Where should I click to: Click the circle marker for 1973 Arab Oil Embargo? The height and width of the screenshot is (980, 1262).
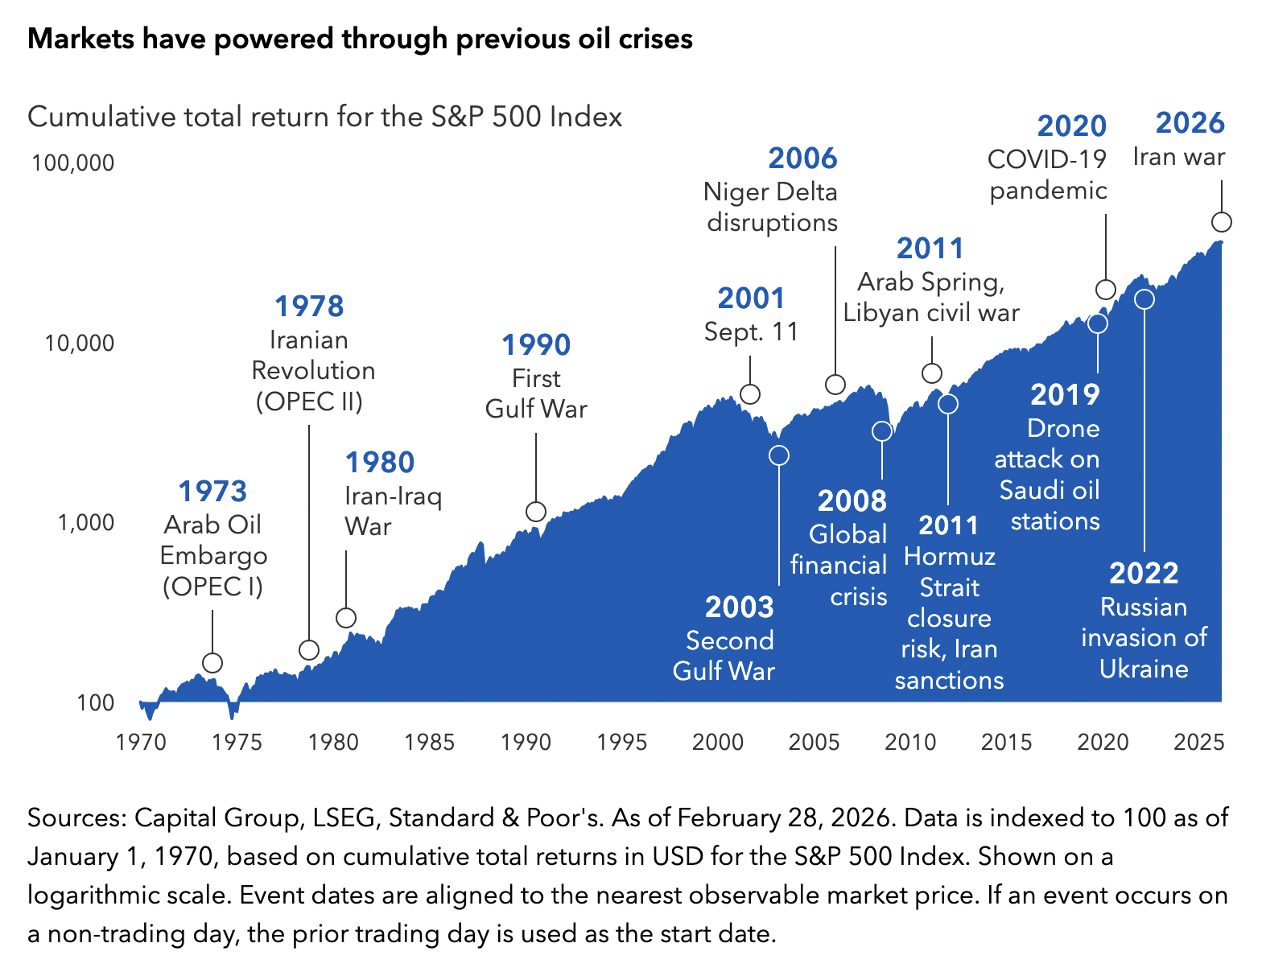pyautogui.click(x=212, y=663)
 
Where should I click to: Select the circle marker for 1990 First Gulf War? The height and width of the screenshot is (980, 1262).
pyautogui.click(x=536, y=512)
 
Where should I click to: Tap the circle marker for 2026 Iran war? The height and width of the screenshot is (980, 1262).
pyautogui.click(x=1222, y=223)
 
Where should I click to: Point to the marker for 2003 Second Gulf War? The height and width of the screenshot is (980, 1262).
pyautogui.click(x=779, y=455)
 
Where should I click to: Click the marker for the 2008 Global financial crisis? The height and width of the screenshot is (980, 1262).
pyautogui.click(x=882, y=431)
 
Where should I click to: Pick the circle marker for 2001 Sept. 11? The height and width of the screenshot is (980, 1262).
pyautogui.click(x=750, y=394)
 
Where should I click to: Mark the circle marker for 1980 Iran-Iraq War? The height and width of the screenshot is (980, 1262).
pyautogui.click(x=346, y=618)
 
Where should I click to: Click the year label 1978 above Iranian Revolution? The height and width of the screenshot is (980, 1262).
pyautogui.click(x=309, y=307)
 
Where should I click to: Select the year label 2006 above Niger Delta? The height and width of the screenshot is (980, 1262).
pyautogui.click(x=802, y=159)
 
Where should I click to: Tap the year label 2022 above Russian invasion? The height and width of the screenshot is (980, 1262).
pyautogui.click(x=1144, y=574)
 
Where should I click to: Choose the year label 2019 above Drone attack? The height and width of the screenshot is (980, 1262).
pyautogui.click(x=1065, y=395)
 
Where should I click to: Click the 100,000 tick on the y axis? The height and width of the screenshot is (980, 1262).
pyautogui.click(x=73, y=163)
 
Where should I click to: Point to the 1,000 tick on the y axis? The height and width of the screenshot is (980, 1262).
pyautogui.click(x=85, y=523)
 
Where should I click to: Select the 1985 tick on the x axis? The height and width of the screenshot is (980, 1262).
pyautogui.click(x=430, y=742)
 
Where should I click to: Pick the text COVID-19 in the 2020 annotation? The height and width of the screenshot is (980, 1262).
pyautogui.click(x=1047, y=159)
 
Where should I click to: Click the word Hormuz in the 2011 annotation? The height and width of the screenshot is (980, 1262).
pyautogui.click(x=950, y=557)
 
